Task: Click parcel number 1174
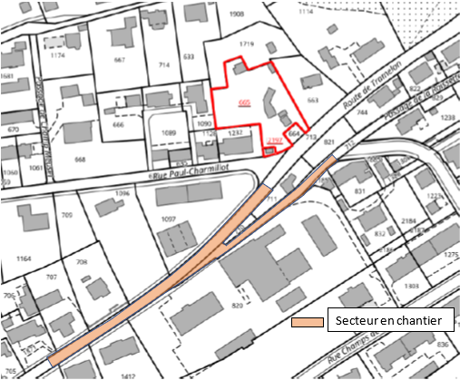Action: click(58, 57)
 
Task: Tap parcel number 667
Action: click(119, 61)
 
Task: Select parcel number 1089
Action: click(169, 132)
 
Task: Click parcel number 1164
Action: click(24, 259)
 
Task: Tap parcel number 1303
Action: click(412, 286)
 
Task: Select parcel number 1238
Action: click(447, 118)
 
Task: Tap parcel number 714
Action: click(164, 66)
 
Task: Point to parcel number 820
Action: click(239, 307)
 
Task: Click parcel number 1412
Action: click(128, 375)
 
